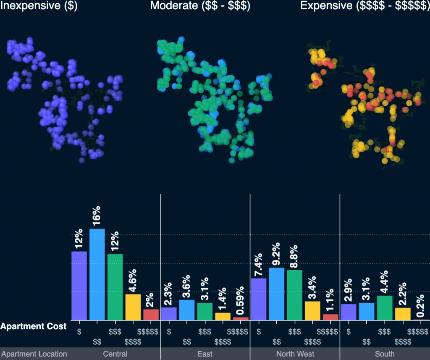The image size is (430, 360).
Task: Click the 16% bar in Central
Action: tap(97, 274)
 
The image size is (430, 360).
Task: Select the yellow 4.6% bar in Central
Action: tap(133, 307)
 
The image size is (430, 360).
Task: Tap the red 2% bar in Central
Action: tap(151, 315)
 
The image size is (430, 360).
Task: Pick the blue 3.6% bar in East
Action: tap(187, 310)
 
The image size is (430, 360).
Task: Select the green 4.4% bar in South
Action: tap(385, 308)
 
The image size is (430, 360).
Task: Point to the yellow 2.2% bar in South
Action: tap(403, 314)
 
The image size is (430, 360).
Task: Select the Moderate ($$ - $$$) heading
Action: tap(200, 6)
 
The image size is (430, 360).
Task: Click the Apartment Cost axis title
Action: tap(33, 326)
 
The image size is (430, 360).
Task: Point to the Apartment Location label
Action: tap(34, 354)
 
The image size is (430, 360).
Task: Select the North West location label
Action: tap(295, 354)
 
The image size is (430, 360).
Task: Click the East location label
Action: tap(205, 354)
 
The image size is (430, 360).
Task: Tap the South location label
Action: tap(385, 354)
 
